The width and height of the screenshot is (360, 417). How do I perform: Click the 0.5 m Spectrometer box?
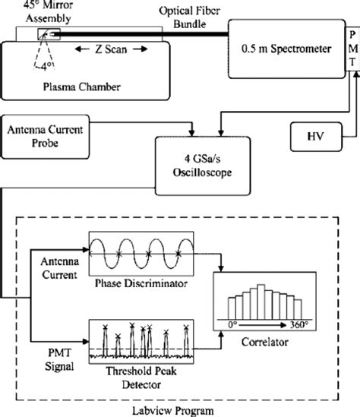click(x=279, y=51)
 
